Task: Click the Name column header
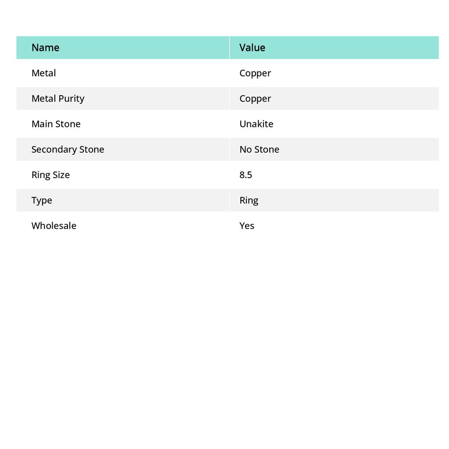[45, 47]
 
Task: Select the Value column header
[252, 47]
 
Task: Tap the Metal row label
[43, 73]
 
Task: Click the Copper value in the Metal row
[255, 73]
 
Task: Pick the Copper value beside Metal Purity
[255, 99]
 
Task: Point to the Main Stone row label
[56, 124]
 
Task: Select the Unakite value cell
[256, 124]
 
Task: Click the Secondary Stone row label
[68, 149]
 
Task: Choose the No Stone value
[259, 149]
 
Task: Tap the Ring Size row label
[50, 175]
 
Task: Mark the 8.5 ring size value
[246, 175]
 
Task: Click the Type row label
[42, 200]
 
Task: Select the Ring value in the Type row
[249, 200]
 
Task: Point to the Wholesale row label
[53, 225]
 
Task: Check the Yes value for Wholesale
[247, 225]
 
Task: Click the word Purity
[72, 99]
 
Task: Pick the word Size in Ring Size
[61, 175]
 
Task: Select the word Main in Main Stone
[42, 124]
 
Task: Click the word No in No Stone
[246, 149]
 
